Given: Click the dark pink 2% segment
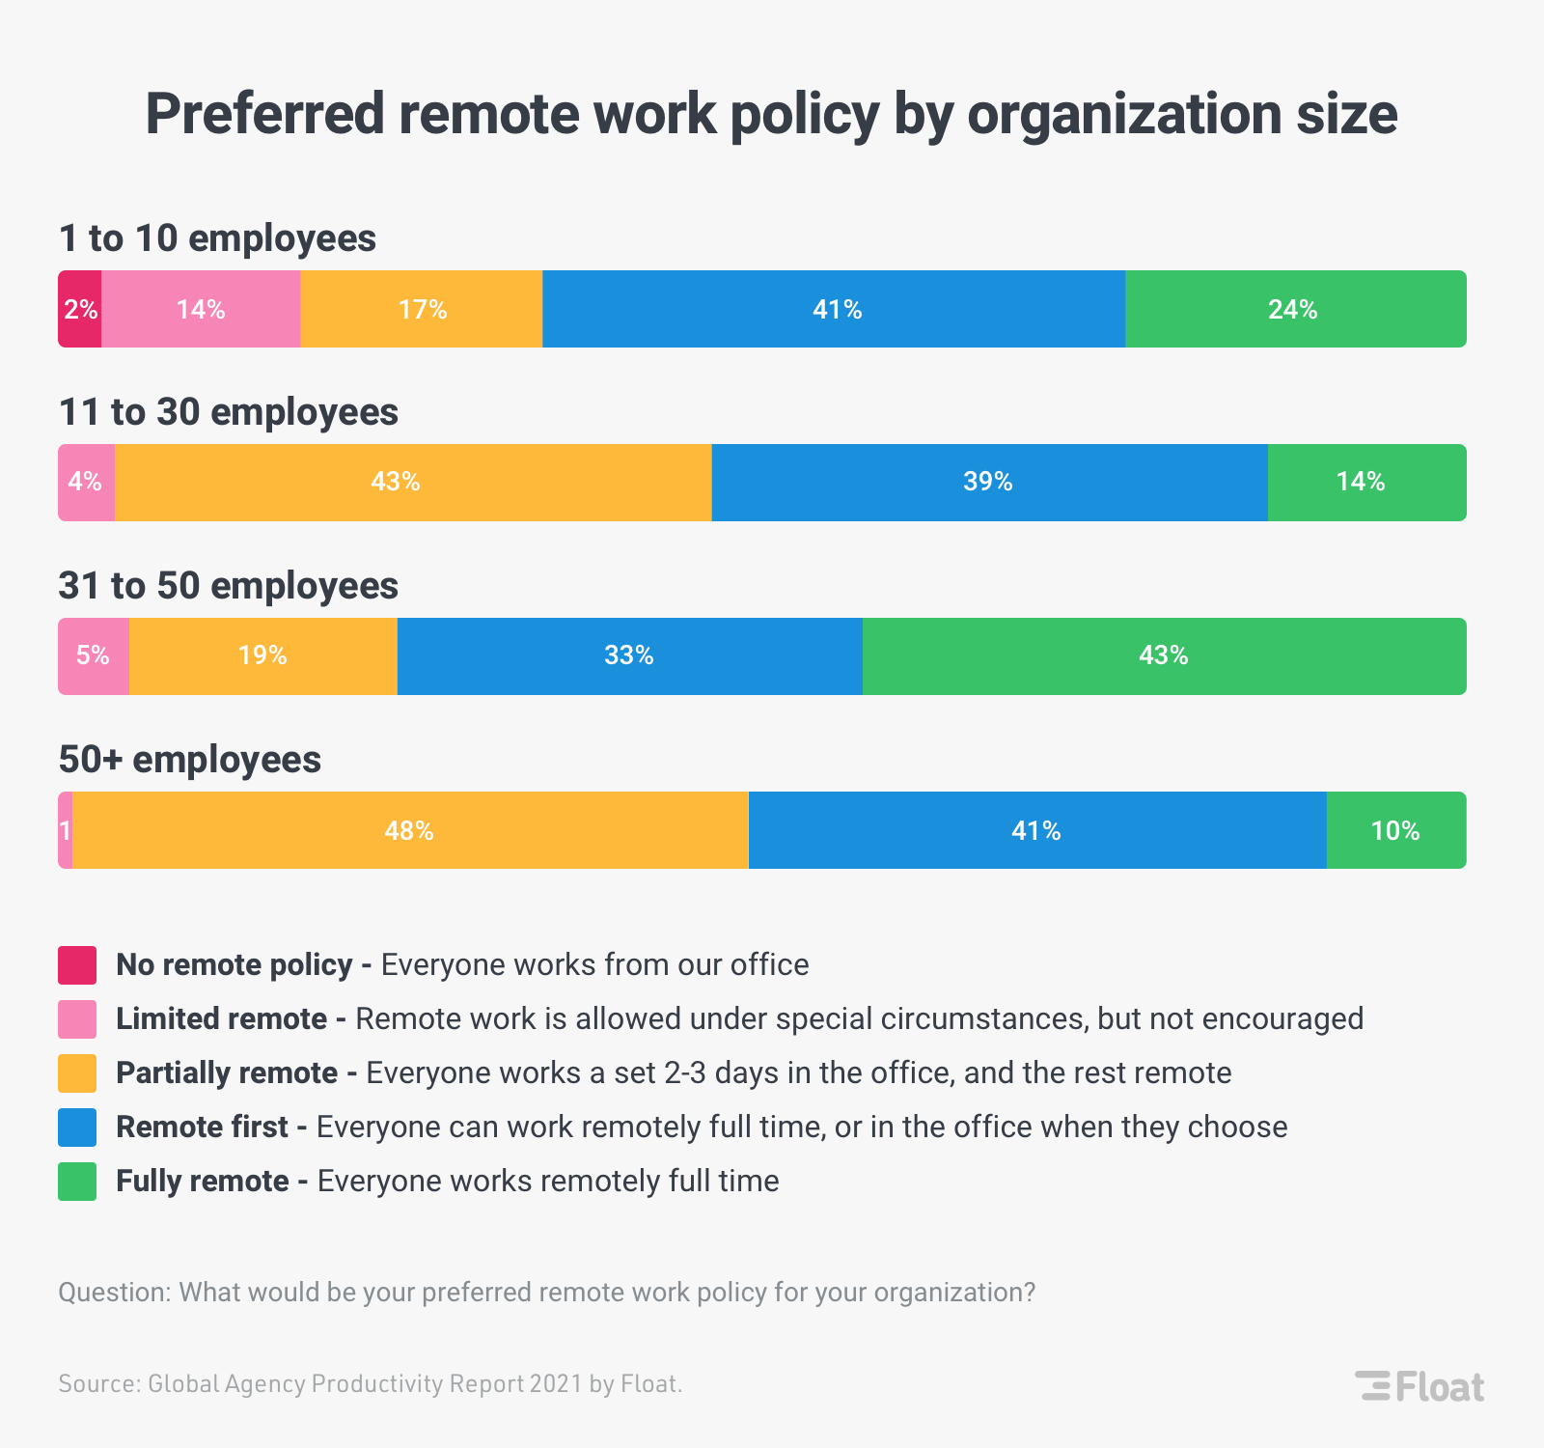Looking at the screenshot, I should tap(80, 309).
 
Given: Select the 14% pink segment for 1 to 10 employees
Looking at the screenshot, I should tap(201, 309).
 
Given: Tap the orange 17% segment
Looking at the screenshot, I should tap(422, 309).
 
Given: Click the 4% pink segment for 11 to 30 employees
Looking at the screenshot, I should tap(86, 482).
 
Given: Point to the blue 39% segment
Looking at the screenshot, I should tap(989, 482).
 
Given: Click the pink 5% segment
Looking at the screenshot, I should tap(94, 655).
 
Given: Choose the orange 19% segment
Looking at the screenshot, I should tap(262, 655).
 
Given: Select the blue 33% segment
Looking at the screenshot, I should tap(629, 655).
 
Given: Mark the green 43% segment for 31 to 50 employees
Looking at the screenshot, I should tap(1164, 655).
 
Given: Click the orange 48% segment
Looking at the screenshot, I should tap(410, 830).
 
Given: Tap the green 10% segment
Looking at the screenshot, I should tap(1395, 830).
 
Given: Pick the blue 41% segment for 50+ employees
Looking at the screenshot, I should tap(1037, 830).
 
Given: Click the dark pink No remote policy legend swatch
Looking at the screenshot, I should tap(77, 965).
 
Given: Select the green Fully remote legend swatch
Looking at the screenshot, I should tap(77, 1182).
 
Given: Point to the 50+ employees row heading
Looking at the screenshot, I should tap(190, 760).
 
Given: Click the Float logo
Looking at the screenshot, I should tap(1420, 1386).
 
